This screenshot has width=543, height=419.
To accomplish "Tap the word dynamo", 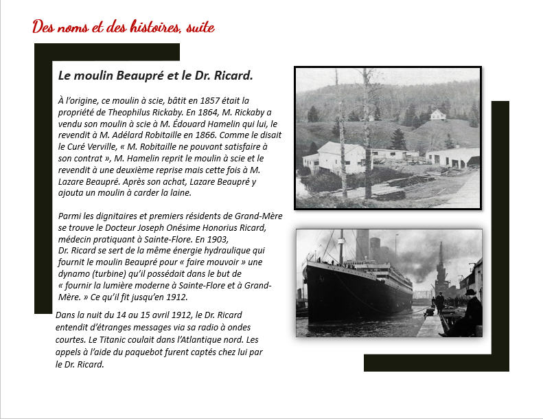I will pyautogui.click(x=75, y=274).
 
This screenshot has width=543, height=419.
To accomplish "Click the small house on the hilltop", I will pyautogui.click(x=437, y=114).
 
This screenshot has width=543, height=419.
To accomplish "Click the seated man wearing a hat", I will pyautogui.click(x=470, y=311).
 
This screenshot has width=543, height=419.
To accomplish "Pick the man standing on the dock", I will pyautogui.click(x=439, y=302).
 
